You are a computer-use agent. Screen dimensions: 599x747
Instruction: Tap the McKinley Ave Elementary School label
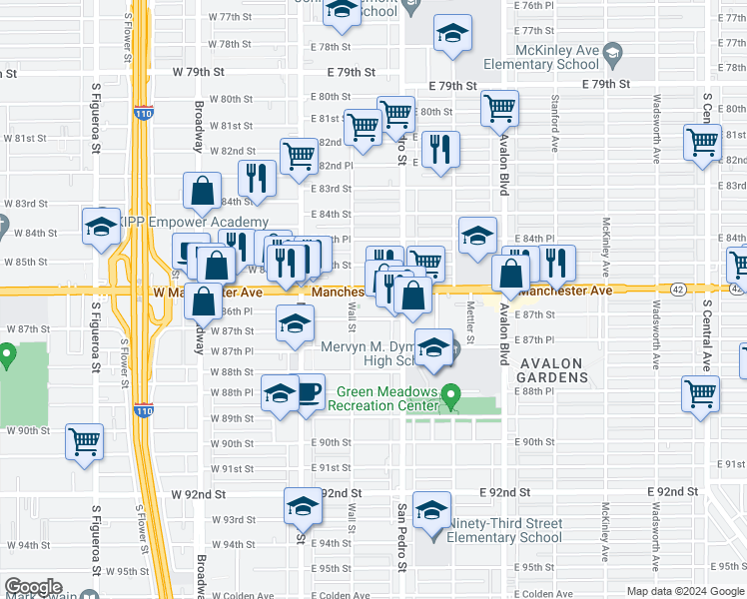click(540, 57)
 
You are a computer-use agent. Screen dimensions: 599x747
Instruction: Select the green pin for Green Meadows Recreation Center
click(450, 397)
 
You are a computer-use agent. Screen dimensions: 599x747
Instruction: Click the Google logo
click(32, 587)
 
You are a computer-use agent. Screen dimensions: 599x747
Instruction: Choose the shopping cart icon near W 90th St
click(84, 441)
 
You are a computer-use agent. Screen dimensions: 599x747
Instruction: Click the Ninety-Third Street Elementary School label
click(505, 530)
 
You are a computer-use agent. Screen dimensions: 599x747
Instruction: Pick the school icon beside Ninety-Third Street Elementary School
click(431, 511)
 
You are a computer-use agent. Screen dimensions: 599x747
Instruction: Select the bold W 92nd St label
click(199, 493)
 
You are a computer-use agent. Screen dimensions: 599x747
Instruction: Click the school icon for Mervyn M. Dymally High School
click(433, 347)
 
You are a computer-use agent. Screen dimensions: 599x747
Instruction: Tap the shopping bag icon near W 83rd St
click(202, 190)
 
